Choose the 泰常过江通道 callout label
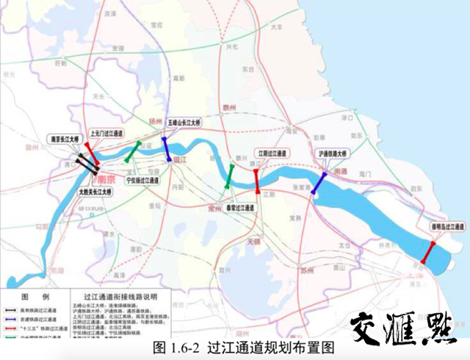[x=239, y=208]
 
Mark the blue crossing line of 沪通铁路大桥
[x=320, y=183]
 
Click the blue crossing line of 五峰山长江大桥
[x=166, y=149]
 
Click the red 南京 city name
[x=106, y=179]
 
